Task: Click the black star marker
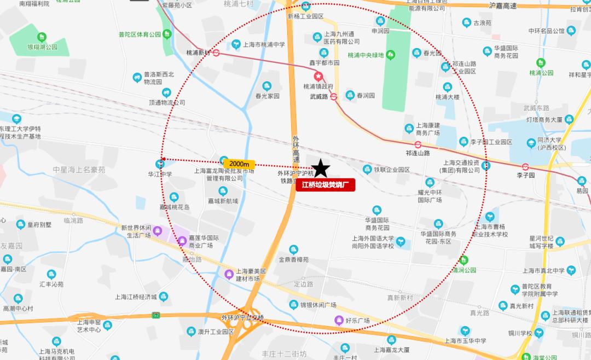(321, 169)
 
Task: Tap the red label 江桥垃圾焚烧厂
(326, 185)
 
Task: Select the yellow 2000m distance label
(239, 164)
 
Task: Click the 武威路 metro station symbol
(333, 97)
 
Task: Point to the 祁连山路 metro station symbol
(418, 145)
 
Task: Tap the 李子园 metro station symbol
(525, 166)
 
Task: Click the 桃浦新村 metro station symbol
(217, 53)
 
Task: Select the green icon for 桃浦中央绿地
(390, 55)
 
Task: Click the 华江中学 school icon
(159, 164)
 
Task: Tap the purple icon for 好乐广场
(339, 320)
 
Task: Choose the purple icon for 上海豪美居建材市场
(229, 274)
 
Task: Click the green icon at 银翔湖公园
(42, 37)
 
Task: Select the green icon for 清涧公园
(465, 260)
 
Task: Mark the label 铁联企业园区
(392, 170)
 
